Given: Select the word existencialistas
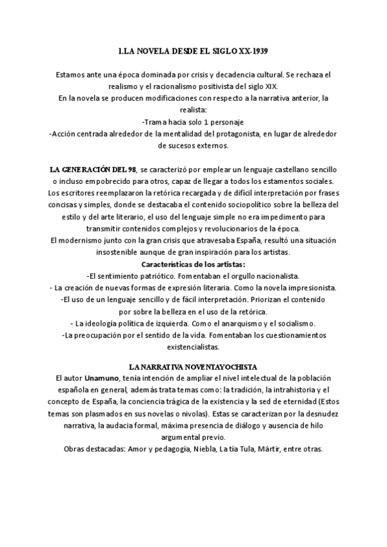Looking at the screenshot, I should coord(193,346).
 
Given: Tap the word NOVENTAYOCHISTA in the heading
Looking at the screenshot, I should coord(221,366).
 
